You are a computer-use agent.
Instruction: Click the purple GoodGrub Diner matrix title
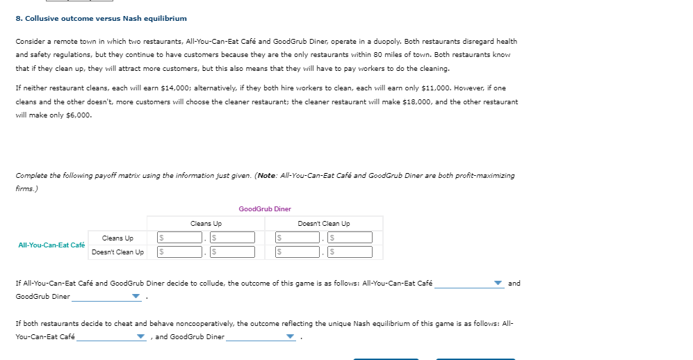click(x=265, y=208)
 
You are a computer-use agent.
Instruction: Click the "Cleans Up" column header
click(x=206, y=224)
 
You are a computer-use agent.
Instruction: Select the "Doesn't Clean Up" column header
click(x=323, y=224)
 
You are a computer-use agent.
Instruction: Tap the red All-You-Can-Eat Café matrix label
click(x=51, y=245)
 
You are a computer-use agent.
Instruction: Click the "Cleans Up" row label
click(x=117, y=238)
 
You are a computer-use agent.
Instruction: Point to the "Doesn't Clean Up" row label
click(x=117, y=252)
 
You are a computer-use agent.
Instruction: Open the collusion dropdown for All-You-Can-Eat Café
click(x=469, y=284)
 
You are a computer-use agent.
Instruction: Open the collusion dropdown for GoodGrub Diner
click(x=106, y=297)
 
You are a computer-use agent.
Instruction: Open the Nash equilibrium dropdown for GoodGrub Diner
click(x=261, y=337)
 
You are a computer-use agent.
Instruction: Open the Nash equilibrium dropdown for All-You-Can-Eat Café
click(x=111, y=337)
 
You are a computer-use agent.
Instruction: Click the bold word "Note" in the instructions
click(x=268, y=176)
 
